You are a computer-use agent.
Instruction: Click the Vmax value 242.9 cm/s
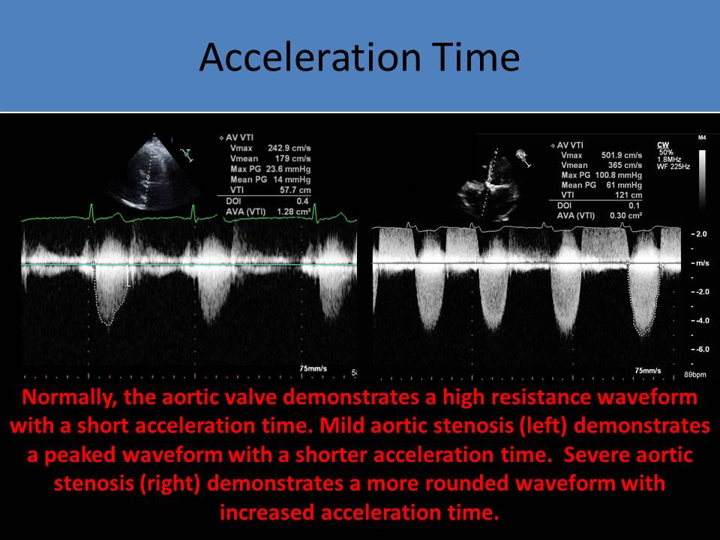tap(289, 148)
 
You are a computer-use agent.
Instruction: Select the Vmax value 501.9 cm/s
tap(621, 155)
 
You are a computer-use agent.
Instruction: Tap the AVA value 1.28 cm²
tap(293, 211)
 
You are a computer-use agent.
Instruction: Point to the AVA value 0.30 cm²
tap(625, 215)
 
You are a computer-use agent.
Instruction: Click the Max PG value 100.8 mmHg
tap(619, 175)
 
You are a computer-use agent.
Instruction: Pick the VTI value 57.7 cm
tap(295, 190)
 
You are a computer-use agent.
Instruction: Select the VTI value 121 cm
tap(628, 195)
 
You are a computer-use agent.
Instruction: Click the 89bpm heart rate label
tap(694, 375)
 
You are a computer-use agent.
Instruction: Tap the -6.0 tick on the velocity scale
tap(700, 349)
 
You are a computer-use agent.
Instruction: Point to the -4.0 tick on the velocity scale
tap(700, 320)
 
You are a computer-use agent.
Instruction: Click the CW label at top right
tap(663, 145)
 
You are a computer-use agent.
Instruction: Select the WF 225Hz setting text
tap(673, 166)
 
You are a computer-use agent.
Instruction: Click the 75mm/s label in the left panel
tap(313, 369)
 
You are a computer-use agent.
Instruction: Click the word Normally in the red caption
tap(67, 397)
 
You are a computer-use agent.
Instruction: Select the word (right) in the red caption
tap(170, 484)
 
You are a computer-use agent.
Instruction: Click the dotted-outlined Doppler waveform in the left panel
tap(110, 294)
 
